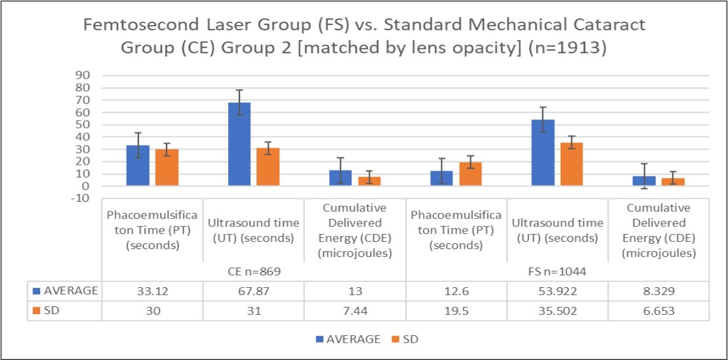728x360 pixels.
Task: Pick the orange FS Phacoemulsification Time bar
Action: [x=470, y=174]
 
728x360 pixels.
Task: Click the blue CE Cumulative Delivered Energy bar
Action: [x=340, y=178]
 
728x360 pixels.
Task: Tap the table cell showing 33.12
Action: [x=152, y=291]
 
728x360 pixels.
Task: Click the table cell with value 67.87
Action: [x=253, y=291]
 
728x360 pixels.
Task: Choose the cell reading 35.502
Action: [x=557, y=310]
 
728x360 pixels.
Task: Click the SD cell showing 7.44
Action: [x=355, y=310]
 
